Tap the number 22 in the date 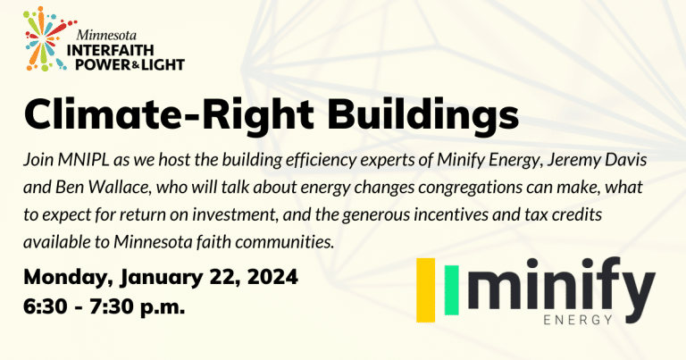click(x=204, y=278)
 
